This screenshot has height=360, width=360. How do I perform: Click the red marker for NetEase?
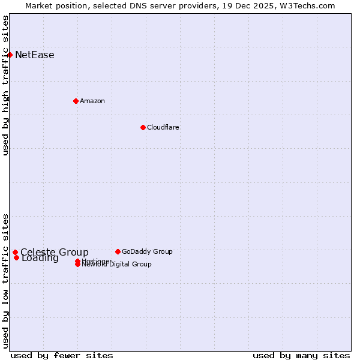click(x=10, y=55)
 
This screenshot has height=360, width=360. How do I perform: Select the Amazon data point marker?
click(x=76, y=101)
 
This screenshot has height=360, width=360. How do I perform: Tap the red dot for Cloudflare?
click(x=143, y=127)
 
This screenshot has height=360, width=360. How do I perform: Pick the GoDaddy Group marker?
click(x=118, y=251)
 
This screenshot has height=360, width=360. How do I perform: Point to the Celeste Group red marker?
click(x=15, y=253)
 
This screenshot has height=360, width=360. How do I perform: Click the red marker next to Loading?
click(x=16, y=258)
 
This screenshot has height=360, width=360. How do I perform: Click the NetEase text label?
click(x=35, y=55)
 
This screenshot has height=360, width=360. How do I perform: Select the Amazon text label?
click(x=92, y=101)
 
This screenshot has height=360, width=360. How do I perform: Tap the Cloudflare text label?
click(x=163, y=127)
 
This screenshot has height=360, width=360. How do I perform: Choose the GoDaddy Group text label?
click(x=147, y=251)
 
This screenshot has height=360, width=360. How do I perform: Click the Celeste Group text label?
click(x=55, y=253)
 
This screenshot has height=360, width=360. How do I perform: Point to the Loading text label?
click(x=40, y=259)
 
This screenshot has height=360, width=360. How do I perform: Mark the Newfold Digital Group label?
click(x=116, y=264)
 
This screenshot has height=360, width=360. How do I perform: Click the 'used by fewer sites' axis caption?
click(x=62, y=356)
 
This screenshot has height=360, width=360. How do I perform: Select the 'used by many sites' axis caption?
click(x=301, y=356)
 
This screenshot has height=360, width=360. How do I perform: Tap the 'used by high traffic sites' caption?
click(x=6, y=86)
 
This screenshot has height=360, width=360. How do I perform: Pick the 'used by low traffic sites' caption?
click(x=6, y=280)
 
